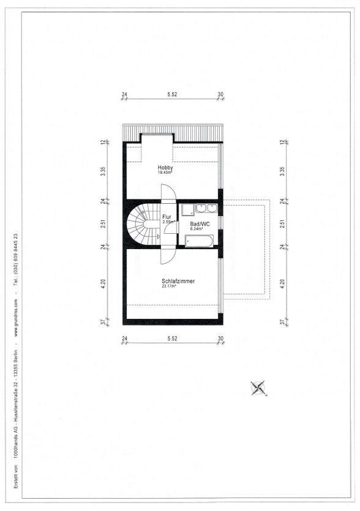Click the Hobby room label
165,168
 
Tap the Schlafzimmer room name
178,281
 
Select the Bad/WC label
200,224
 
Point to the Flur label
167,217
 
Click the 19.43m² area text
165,173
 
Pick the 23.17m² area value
169,286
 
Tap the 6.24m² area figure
197,229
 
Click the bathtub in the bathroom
199,242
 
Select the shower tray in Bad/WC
187,210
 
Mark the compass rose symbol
258,388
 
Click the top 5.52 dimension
172,94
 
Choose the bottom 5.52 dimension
172,338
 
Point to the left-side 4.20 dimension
103,284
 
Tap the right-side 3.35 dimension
282,171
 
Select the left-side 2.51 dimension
103,224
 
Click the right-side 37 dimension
282,322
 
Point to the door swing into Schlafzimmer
168,256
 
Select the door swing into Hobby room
168,192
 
